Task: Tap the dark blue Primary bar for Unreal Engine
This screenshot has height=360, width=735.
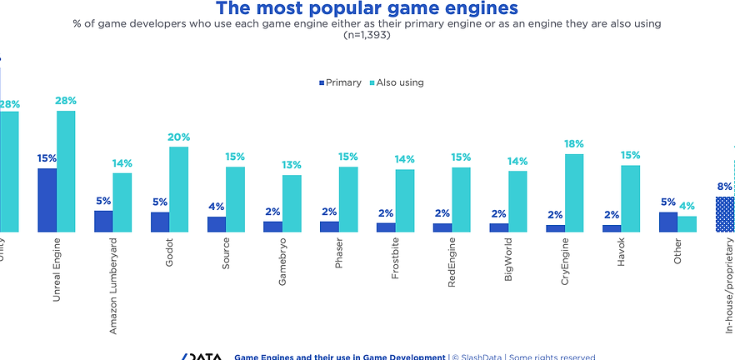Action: point(47,200)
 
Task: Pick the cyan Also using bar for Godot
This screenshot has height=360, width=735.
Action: point(178,189)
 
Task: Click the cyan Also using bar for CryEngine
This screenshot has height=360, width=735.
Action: point(574,192)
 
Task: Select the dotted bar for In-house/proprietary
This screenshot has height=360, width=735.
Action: point(725,214)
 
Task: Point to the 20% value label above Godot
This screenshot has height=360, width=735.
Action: point(178,137)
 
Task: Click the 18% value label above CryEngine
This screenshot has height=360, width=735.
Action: point(574,144)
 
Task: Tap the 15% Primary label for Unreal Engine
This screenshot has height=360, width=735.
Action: point(47,158)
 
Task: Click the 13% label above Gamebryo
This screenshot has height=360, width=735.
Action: point(292,165)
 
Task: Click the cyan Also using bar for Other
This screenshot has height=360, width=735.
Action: point(687,223)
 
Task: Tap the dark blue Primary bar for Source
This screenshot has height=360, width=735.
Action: point(217,224)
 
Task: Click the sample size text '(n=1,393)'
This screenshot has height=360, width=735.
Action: point(367,35)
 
